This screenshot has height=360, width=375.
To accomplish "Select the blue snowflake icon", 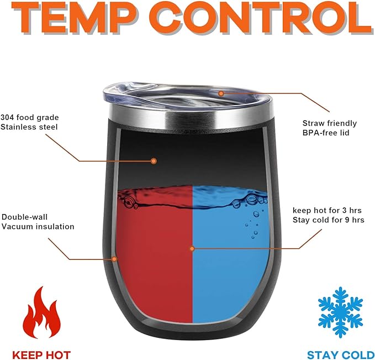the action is pos(341,312).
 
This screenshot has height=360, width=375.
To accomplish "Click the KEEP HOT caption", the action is pos(41,354).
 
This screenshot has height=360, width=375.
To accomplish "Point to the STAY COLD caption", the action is pos(341,354).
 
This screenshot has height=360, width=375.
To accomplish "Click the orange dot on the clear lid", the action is pos(221,93).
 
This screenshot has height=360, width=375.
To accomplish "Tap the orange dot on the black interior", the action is pos(154,161).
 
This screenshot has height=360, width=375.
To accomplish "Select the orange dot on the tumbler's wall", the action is pos(114,259).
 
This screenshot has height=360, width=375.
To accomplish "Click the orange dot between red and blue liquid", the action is pos(192,249).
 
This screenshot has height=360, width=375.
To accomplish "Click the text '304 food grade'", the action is pos(30,118).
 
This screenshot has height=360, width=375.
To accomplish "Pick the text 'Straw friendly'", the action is pos(330,123).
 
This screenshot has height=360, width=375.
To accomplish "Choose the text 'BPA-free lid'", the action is pos(326,133).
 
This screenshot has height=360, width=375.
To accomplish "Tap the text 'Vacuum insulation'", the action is pos(38,226).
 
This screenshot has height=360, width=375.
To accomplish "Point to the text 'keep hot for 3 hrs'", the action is pos(327,211).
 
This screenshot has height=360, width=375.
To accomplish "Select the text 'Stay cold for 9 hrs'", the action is pos(329,220).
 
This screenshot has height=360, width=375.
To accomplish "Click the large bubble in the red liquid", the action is pos(129,201).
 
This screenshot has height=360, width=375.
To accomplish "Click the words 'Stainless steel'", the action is pos(29,127).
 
